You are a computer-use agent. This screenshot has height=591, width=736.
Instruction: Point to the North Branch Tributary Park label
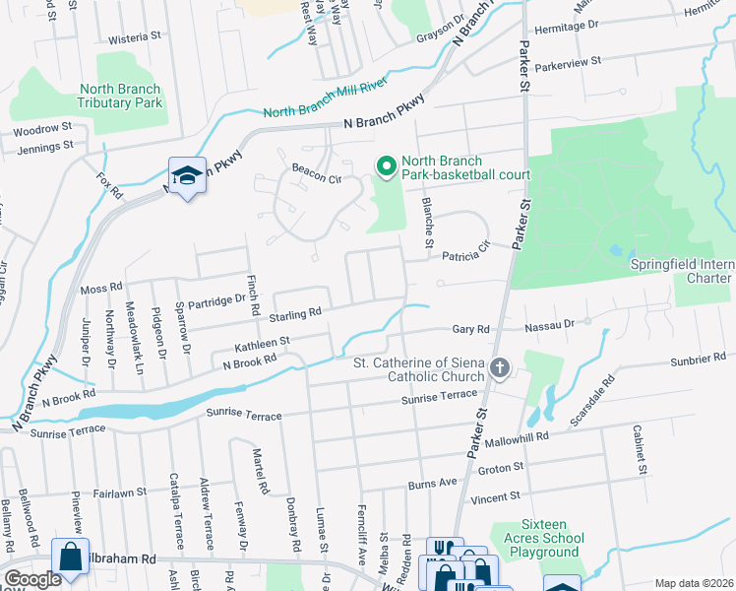click(x=120, y=96)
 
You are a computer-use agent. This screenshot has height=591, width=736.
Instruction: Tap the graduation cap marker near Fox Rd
click(x=187, y=175)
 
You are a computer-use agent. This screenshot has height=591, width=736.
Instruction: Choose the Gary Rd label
click(x=470, y=329)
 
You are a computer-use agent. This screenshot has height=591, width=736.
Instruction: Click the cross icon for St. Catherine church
click(x=500, y=369)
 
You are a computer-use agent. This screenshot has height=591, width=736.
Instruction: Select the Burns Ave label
click(x=434, y=483)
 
